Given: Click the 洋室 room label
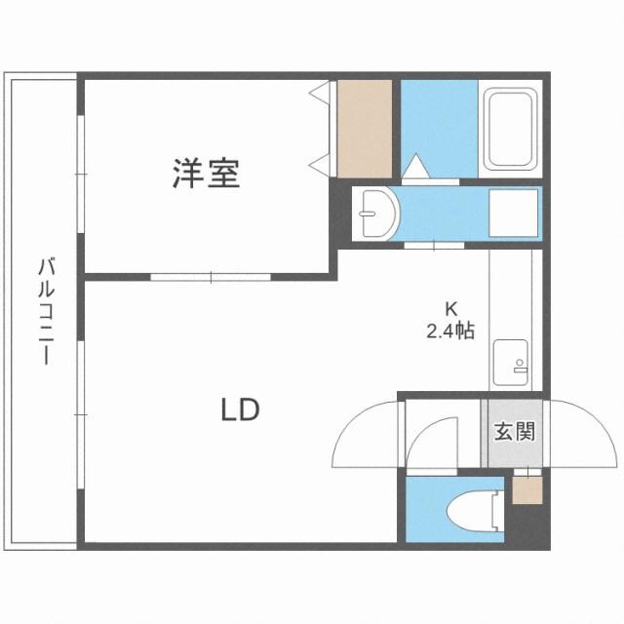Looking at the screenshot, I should coord(206,175).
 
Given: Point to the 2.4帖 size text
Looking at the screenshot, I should coord(449,331).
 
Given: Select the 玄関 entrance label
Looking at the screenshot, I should coord(513,430).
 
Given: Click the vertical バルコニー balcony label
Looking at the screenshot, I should coord(45,311).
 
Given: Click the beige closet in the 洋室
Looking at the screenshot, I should coord(364,127).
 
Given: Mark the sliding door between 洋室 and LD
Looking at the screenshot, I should coord(210,276).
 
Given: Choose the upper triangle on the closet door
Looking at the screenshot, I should coord(320,94).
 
